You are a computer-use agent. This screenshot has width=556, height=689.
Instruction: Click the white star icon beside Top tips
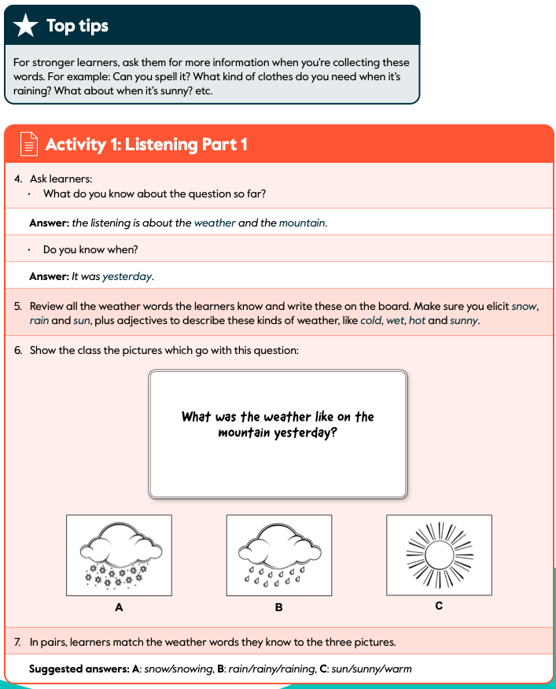pos(26,26)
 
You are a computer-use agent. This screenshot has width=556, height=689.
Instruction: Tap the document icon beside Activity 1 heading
pos(28,144)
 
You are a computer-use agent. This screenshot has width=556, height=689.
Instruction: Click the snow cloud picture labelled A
pos(119,554)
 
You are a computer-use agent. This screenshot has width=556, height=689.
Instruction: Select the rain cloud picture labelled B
pos(278,554)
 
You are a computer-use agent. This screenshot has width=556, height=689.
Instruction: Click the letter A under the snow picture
pos(119,607)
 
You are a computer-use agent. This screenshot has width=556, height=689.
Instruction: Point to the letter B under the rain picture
pos(278,607)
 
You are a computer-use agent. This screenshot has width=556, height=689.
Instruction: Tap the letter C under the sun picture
pos(439,606)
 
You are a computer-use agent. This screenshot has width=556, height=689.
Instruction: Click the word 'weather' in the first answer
pos(215,223)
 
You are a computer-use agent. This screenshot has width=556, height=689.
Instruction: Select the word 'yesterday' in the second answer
pos(127,277)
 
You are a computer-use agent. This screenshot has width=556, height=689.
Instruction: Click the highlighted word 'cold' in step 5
pos(371,321)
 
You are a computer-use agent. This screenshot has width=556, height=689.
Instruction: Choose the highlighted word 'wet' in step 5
pos(395,321)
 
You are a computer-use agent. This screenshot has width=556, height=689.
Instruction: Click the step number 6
pos(18,350)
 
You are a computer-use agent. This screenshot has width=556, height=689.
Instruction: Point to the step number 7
pos(18,642)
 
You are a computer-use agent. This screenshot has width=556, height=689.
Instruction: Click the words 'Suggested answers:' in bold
pos(76,669)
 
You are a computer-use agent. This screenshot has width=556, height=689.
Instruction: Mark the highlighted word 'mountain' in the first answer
pos(302,223)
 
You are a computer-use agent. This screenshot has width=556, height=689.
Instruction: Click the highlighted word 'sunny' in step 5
pos(463,321)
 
